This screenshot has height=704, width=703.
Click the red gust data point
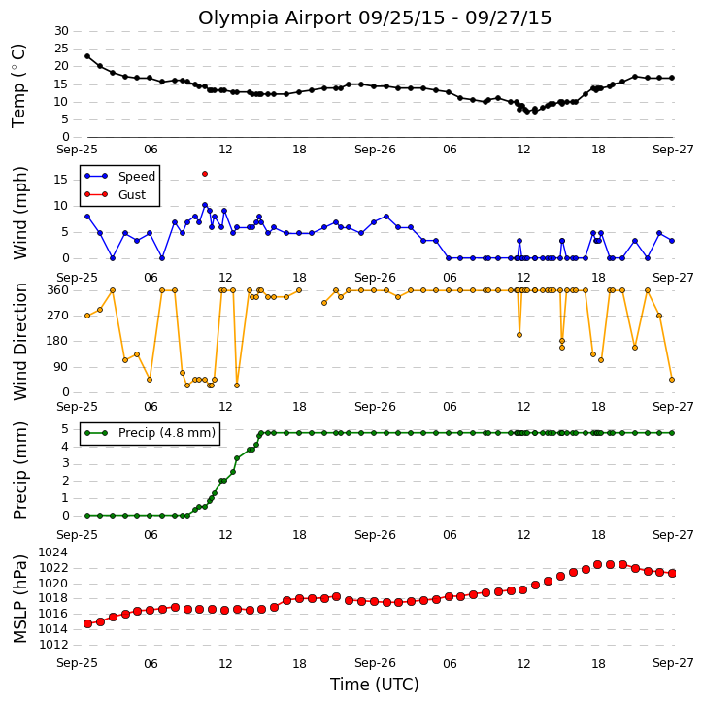(x=205, y=174)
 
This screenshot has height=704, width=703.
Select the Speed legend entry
(x=119, y=177)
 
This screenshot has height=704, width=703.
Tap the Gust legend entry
(x=116, y=195)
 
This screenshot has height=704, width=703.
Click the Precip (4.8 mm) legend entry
(x=151, y=433)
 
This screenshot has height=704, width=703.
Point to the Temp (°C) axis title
(x=18, y=85)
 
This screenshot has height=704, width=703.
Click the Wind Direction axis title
(x=19, y=342)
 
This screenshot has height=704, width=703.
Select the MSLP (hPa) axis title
(x=19, y=598)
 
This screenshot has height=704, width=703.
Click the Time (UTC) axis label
(x=375, y=685)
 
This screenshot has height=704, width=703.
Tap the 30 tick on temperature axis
(x=61, y=31)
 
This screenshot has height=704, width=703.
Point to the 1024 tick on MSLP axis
(x=53, y=553)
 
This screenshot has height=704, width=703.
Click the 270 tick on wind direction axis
(x=58, y=316)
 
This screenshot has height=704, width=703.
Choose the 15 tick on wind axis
(x=61, y=180)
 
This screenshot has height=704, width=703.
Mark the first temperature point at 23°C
(x=87, y=56)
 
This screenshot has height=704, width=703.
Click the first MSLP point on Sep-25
(x=87, y=623)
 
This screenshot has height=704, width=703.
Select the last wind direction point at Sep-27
(x=672, y=380)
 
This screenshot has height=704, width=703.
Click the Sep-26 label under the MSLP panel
(x=375, y=663)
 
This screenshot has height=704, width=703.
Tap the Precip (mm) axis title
(x=19, y=471)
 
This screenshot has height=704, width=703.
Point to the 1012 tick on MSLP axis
(x=53, y=645)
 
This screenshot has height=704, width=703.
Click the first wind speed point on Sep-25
(x=87, y=217)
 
